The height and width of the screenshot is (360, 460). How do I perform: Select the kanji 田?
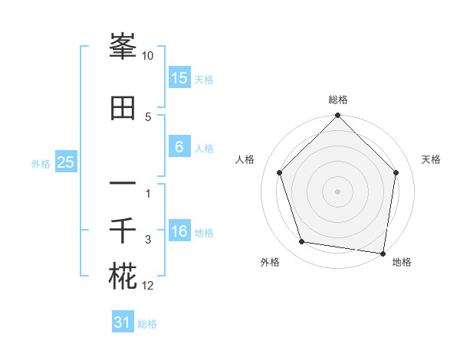click(123, 108)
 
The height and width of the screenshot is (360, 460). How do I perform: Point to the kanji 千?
click(123, 231)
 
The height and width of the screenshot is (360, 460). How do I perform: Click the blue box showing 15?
click(179, 77)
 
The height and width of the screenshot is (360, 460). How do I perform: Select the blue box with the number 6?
click(179, 147)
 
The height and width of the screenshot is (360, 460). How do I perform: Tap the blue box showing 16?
click(179, 231)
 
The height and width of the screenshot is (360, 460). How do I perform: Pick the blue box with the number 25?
click(65, 162)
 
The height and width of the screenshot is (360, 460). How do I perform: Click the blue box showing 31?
click(123, 322)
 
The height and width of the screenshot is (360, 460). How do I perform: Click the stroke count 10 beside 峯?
click(148, 56)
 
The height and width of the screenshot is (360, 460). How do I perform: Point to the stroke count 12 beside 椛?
click(148, 286)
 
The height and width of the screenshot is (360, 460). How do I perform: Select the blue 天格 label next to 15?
click(204, 79)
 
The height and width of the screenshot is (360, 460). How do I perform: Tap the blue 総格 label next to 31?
click(147, 324)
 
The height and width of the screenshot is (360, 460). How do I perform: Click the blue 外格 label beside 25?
click(41, 163)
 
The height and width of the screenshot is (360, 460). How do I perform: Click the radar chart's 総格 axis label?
click(338, 100)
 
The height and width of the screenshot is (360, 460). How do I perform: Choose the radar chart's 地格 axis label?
click(402, 262)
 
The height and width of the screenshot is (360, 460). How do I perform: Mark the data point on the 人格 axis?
click(279, 172)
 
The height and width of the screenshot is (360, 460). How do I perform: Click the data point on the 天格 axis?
click(396, 172)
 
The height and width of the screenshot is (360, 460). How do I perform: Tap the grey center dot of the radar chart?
click(338, 191)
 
